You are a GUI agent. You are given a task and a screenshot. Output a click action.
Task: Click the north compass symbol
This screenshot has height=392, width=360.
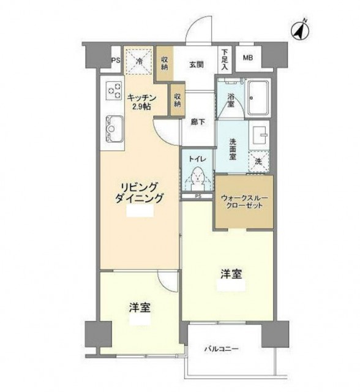click(300, 31)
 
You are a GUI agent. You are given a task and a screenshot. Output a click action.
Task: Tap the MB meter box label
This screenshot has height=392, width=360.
click(248, 58)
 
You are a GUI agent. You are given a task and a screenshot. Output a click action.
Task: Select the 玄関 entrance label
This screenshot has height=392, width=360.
click(196, 65)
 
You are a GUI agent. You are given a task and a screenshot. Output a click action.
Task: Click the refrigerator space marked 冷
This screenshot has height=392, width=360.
click(138, 61)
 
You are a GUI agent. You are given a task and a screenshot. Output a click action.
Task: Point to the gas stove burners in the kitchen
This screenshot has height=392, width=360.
click(114, 91)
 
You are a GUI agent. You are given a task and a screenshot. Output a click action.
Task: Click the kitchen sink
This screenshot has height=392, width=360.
click(114, 129)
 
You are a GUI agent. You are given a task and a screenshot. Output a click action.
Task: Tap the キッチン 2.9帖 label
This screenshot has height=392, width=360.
click(141, 102)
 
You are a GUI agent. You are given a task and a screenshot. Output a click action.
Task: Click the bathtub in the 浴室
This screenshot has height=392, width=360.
click(258, 98)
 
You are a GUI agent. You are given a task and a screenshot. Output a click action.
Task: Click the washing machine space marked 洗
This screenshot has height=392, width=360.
click(259, 162)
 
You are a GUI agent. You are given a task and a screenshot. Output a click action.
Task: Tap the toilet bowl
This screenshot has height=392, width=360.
click(197, 178)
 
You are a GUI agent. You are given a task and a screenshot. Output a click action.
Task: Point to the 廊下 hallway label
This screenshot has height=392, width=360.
click(198, 122)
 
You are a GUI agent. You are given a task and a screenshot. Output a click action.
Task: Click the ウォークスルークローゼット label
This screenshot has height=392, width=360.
click(244, 202)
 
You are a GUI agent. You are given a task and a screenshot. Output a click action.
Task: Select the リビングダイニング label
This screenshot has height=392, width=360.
click(139, 192)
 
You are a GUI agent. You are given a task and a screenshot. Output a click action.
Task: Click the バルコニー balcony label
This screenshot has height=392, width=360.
click(222, 349)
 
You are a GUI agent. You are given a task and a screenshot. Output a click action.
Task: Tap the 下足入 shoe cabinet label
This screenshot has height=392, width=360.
click(225, 60)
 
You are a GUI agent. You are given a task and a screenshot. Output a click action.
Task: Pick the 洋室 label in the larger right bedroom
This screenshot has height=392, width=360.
click(231, 274)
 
